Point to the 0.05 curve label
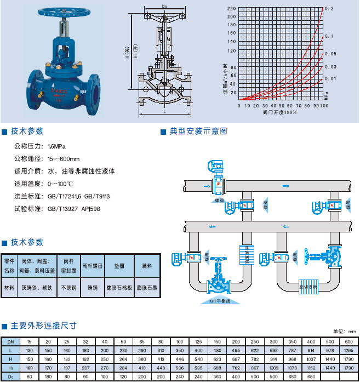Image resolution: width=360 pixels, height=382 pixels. (330, 54)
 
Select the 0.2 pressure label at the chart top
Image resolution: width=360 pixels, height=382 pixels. (329, 9)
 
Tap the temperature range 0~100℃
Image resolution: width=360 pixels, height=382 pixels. (60, 184)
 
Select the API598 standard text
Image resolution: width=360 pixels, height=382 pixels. (91, 209)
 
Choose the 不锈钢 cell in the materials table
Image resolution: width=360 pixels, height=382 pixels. (66, 287)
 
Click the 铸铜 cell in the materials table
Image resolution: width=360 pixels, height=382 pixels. (91, 287)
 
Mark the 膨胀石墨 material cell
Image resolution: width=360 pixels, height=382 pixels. (146, 287)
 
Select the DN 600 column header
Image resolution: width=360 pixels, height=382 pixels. (348, 341)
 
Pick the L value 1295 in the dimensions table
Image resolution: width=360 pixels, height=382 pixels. (348, 350)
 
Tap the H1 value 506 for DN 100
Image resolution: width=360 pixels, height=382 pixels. (180, 368)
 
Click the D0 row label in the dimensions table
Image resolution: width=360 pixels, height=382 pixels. (11, 377)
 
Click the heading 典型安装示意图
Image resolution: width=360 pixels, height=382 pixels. (198, 132)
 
